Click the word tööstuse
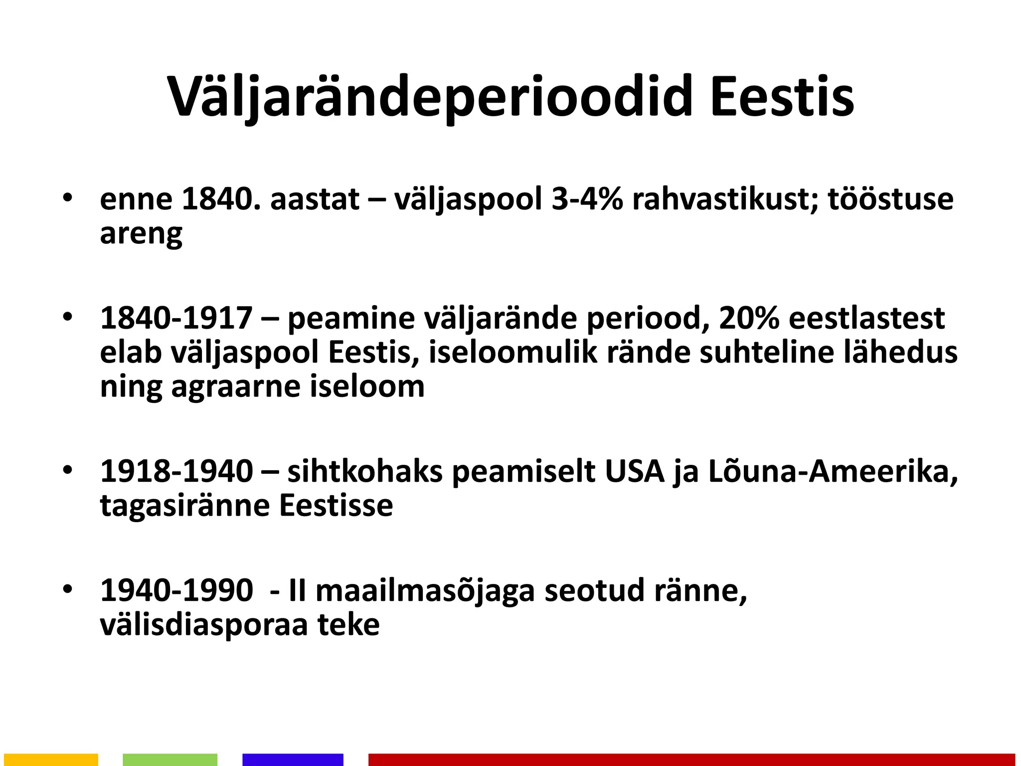[x=890, y=199]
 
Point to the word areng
[x=141, y=234]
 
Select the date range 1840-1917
[x=176, y=318]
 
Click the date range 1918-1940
[x=176, y=471]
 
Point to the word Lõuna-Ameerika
[x=833, y=471]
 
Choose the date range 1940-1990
[x=176, y=590]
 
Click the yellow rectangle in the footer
[x=50, y=760]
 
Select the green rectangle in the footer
[x=170, y=760]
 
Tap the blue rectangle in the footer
[x=293, y=760]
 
